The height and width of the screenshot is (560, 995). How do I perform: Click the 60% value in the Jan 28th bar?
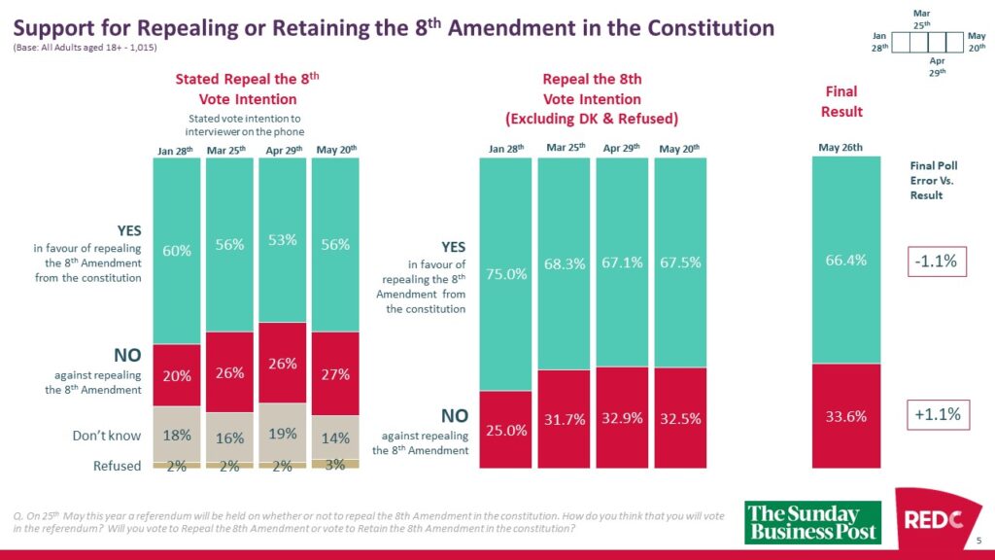coord(177,251)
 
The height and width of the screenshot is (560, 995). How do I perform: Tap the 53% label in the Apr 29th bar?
coord(283,240)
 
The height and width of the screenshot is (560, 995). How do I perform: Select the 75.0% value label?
coord(507,274)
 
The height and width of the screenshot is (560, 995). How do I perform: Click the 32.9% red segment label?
coord(623,419)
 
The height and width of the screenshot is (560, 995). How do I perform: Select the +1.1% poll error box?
coord(937,415)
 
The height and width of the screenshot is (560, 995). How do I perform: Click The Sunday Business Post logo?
coord(812,522)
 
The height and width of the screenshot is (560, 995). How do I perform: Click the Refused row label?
coord(118,466)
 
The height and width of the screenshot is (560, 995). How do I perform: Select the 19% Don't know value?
coord(283,434)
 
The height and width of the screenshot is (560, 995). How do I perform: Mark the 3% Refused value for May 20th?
coord(335,465)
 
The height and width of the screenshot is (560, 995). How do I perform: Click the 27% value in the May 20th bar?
coord(335,373)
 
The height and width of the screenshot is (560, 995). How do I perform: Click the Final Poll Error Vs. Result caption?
coord(932,180)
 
